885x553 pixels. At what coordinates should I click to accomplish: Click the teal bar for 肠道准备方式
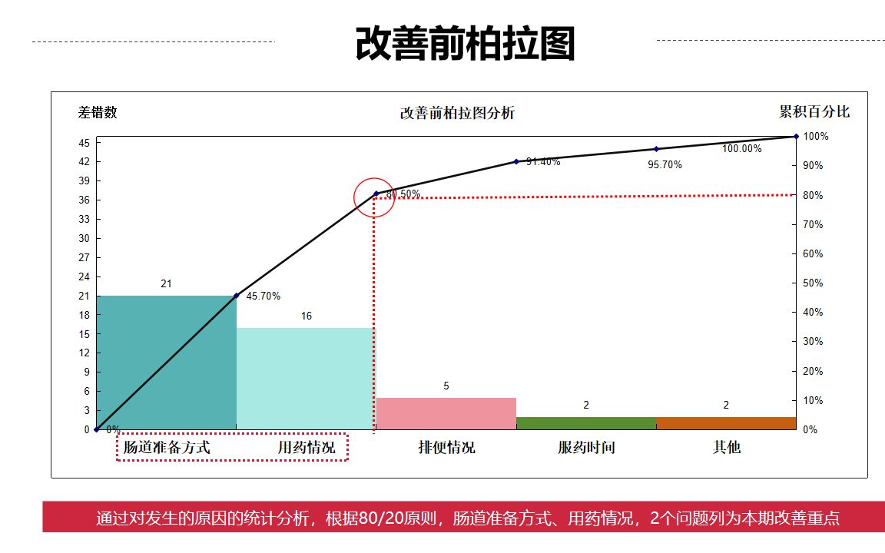166,362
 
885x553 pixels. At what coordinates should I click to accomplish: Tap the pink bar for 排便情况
446,413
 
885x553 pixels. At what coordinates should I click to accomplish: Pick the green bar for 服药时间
586,423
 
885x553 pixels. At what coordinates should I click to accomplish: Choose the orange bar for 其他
726,423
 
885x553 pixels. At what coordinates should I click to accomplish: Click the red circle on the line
374,197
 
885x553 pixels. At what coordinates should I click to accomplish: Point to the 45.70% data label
264,296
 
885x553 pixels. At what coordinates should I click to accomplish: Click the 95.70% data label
665,165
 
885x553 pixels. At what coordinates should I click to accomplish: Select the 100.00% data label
741,149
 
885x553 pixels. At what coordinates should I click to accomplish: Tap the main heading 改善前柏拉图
465,44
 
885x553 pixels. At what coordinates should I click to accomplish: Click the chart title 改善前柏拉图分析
457,114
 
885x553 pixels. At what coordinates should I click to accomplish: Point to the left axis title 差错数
98,112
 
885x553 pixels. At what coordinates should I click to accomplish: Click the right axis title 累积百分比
814,112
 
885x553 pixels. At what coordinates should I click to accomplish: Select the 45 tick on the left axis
84,143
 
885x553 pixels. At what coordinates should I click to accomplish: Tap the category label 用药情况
307,447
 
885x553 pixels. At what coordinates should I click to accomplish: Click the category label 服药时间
586,447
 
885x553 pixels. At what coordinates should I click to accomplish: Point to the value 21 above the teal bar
166,284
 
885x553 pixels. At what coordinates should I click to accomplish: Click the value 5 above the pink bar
446,386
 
